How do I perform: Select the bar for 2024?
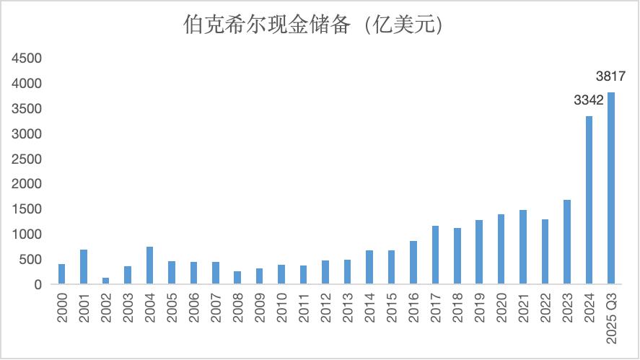(589, 200)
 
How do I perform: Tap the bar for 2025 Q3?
(611, 188)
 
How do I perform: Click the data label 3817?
(610, 76)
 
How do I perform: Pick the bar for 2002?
(105, 281)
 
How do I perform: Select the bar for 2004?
(149, 265)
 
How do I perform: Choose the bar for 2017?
(435, 255)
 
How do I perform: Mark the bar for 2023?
(567, 242)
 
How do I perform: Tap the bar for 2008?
(237, 278)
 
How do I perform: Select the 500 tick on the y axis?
(32, 260)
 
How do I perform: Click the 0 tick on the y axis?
(38, 285)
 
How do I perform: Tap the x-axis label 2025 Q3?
(611, 318)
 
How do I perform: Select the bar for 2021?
(523, 247)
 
